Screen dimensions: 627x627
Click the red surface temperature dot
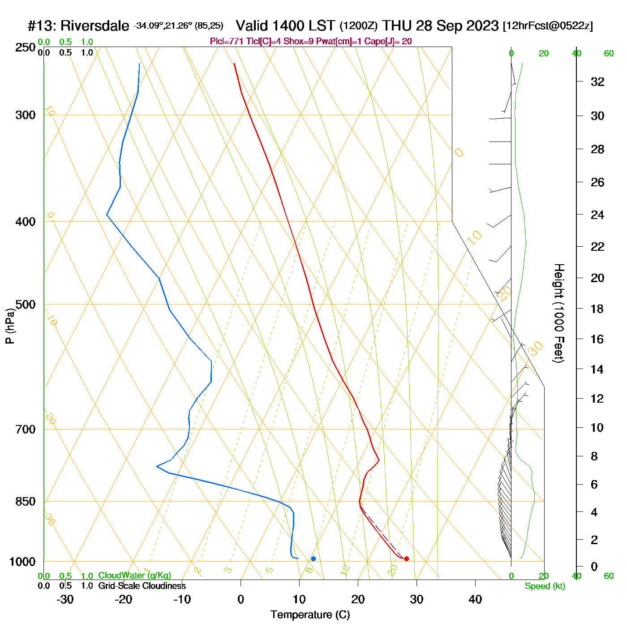tap(406, 558)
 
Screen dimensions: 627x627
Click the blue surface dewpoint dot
tap(313, 558)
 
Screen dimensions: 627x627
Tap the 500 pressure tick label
tap(26, 305)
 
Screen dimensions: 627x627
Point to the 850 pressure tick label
tap(26, 502)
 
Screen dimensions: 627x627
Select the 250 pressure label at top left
tap(26, 47)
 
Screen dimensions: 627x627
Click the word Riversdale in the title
tap(94, 26)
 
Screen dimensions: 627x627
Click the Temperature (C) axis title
tap(310, 615)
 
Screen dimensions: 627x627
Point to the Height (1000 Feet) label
tap(559, 313)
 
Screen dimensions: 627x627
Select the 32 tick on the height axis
tap(597, 82)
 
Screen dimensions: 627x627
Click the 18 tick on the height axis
tap(597, 309)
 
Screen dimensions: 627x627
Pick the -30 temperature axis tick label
tap(65, 599)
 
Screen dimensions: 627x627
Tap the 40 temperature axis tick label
tap(475, 599)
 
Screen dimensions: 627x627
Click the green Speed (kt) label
tap(545, 586)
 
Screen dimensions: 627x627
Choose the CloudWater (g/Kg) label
tap(134, 575)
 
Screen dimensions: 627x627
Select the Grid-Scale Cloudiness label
tap(142, 586)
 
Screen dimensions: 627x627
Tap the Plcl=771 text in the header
tap(227, 42)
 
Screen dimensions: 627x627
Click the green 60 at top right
tap(609, 54)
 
